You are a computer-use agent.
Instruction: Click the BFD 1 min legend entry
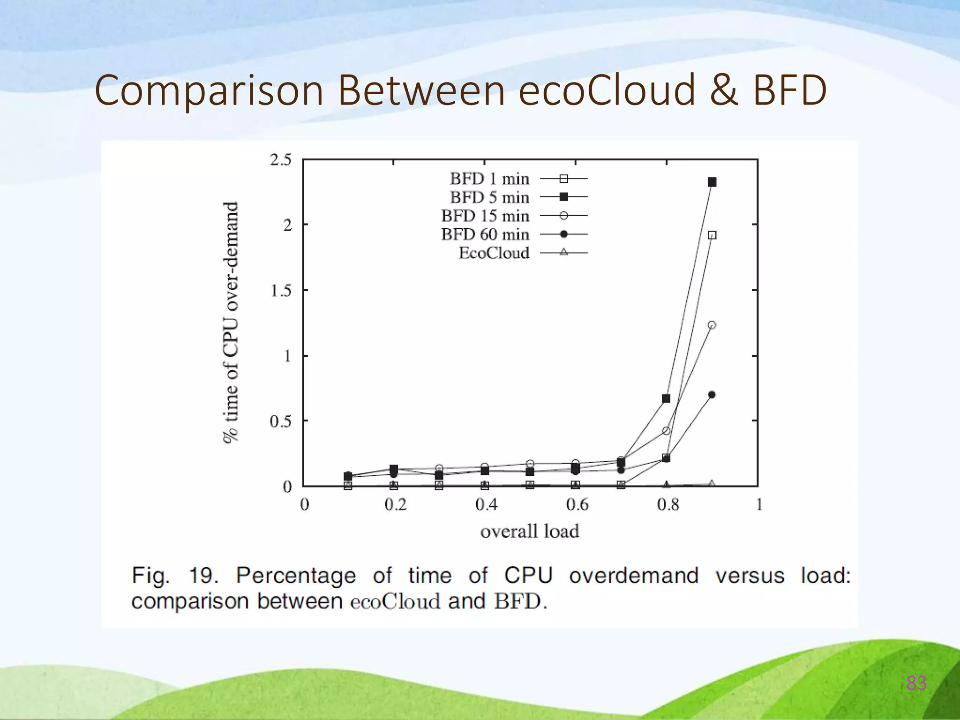coord(516,179)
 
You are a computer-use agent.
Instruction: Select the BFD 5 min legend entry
coord(516,197)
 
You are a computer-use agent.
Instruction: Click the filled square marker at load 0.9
coord(712,182)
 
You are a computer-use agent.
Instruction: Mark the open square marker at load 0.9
coord(712,235)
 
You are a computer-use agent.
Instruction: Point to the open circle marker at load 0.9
coord(712,325)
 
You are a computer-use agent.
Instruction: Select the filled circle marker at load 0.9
coord(712,395)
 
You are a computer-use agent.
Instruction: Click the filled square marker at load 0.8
coord(666,398)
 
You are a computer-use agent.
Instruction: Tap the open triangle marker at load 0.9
coord(712,483)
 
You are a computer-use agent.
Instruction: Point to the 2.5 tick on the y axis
coord(280,160)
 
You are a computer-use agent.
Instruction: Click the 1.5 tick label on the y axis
coord(280,291)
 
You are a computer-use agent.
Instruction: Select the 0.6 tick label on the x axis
coord(577,505)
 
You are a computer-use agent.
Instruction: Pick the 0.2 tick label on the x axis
coord(395,505)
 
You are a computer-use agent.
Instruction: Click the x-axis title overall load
coord(530,532)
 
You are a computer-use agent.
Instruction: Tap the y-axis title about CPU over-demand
coord(230,322)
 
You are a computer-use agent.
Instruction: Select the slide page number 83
coord(916,683)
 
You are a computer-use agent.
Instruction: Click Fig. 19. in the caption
coord(175,575)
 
